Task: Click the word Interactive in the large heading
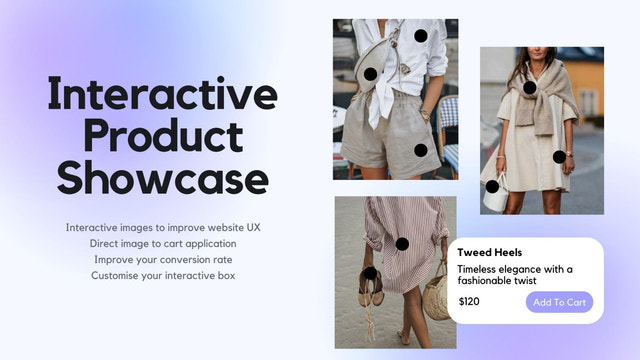(163, 94)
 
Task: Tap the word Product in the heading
(163, 137)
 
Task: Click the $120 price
(469, 301)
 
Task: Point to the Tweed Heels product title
(490, 253)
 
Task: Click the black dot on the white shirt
(421, 36)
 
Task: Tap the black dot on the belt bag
(370, 74)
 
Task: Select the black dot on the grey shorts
(420, 150)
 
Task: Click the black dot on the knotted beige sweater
(529, 87)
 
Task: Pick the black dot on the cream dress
(559, 156)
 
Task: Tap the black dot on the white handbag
(492, 186)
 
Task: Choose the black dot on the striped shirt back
(402, 243)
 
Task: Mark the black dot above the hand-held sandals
(370, 273)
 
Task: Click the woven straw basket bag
(436, 297)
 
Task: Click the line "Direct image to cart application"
(163, 243)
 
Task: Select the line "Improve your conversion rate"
(163, 259)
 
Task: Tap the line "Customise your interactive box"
(163, 275)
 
